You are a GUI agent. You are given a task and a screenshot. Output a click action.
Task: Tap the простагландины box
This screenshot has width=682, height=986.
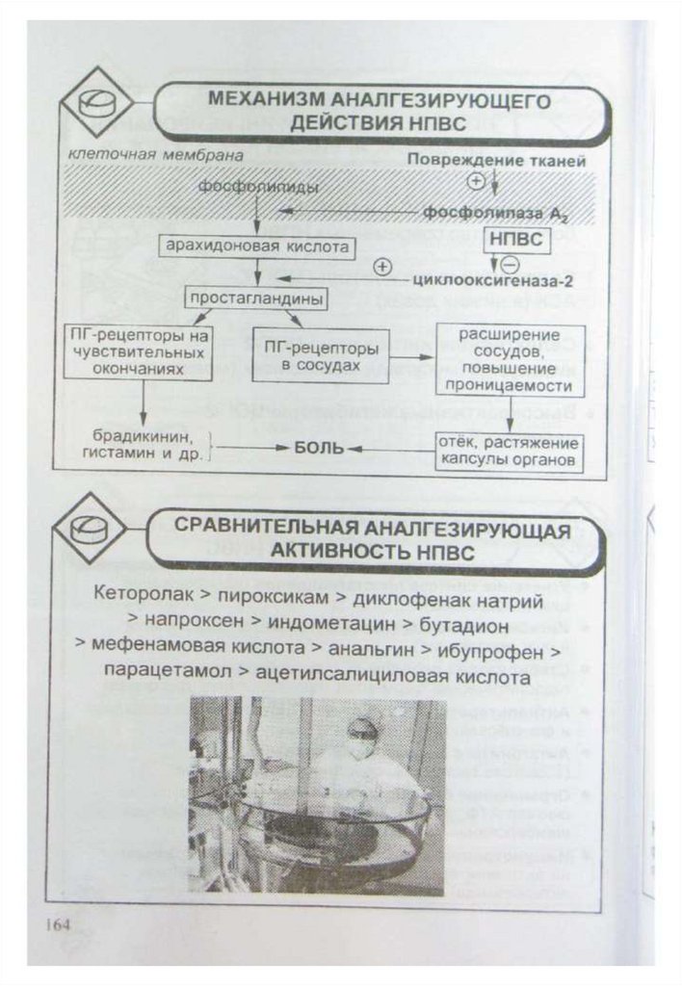pos(255,298)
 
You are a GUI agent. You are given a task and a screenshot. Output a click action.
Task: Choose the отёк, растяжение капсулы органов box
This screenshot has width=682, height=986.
pos(509,452)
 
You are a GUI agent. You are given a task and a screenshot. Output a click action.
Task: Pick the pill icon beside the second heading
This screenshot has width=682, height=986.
pos(91,530)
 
